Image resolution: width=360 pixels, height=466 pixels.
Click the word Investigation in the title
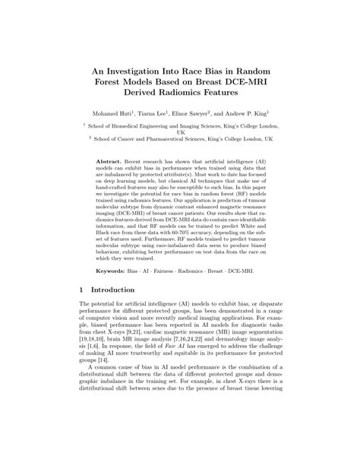click(141, 67)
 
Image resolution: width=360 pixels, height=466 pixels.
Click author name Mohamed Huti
click(118, 114)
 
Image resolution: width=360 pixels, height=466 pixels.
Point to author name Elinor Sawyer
click(212, 114)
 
